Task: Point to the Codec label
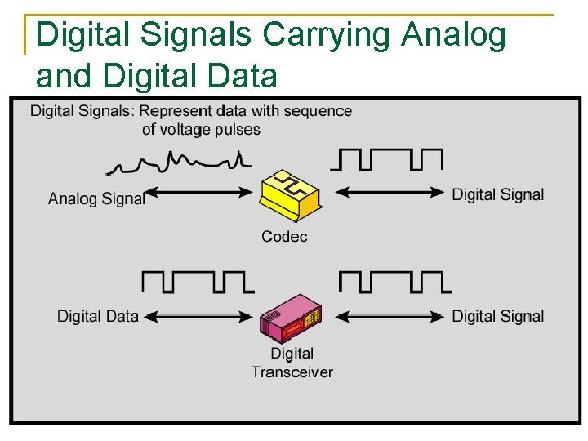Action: point(284,237)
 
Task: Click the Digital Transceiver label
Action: point(292,363)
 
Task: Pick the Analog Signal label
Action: point(96,198)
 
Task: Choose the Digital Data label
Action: point(98,316)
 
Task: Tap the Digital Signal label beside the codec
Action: point(497,194)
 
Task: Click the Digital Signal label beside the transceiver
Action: point(497,316)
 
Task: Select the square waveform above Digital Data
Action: point(198,282)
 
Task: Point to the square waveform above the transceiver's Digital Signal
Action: point(394,282)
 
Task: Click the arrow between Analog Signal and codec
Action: point(199,193)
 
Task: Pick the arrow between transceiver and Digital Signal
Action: point(392,315)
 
